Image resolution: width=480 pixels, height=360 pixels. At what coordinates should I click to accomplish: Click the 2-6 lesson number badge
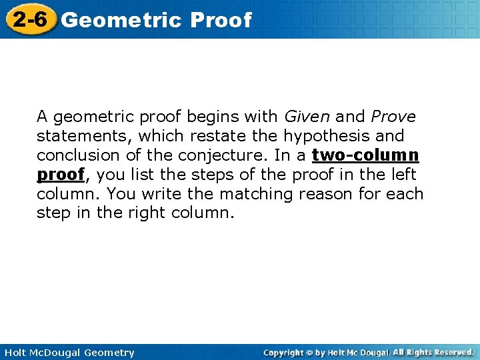click(x=29, y=19)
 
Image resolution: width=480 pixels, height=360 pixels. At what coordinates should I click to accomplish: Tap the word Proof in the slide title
click(x=221, y=20)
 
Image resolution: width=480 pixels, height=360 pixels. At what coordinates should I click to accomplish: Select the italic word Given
click(x=307, y=117)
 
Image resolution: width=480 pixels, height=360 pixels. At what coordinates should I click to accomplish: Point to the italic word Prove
click(x=393, y=117)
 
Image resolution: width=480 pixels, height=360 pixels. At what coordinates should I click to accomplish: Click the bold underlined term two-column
click(x=365, y=155)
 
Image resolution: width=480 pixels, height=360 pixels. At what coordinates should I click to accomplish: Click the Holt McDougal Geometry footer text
click(x=69, y=352)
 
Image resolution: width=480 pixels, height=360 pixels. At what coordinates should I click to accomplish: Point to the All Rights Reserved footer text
click(x=433, y=352)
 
